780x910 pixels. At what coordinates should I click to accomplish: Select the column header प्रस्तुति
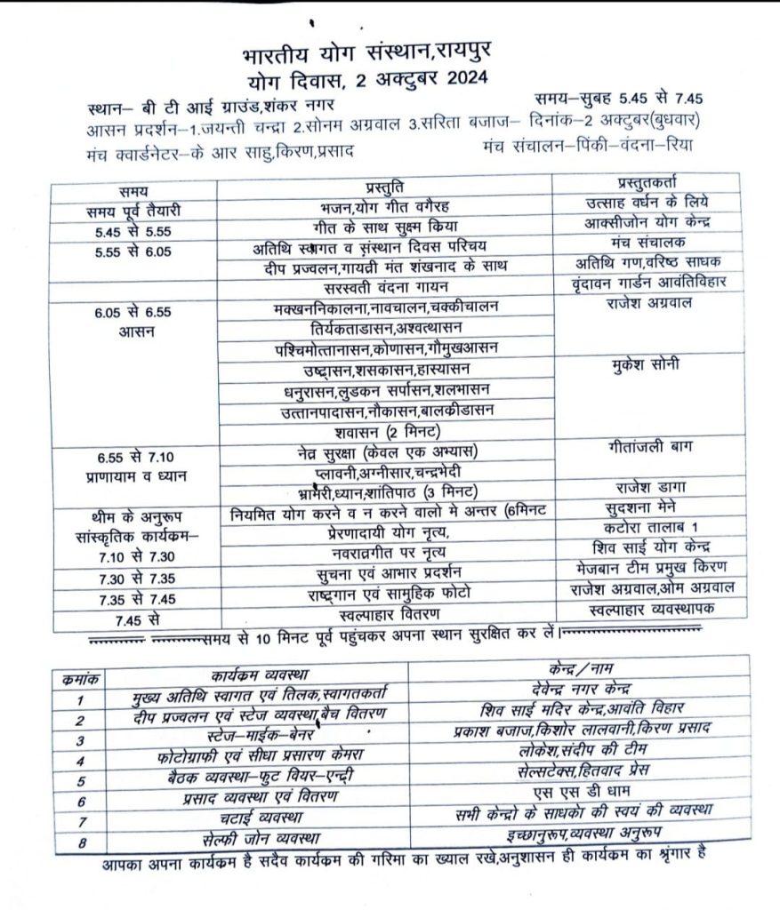pos(386,187)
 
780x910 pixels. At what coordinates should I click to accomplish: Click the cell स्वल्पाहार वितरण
pos(386,613)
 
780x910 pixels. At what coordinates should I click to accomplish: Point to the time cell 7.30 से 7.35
pos(126,578)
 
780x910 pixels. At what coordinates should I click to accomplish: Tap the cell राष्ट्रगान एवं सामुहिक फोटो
pos(386,593)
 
